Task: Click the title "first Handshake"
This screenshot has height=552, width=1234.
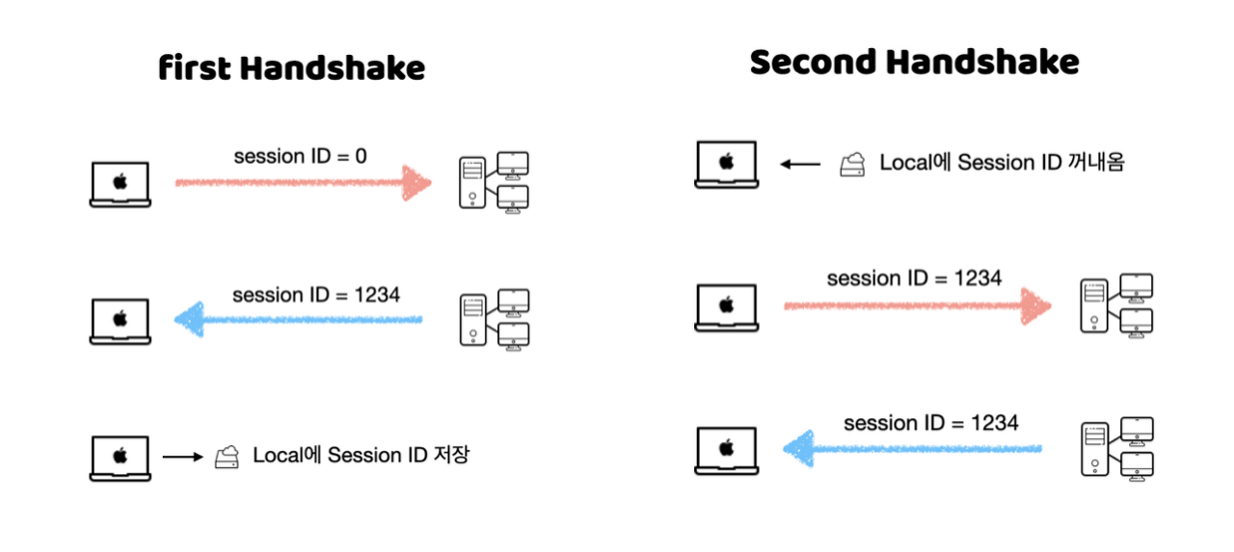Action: [x=291, y=68]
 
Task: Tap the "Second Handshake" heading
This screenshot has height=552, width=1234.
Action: [x=914, y=63]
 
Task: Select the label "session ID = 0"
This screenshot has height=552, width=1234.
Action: [x=300, y=155]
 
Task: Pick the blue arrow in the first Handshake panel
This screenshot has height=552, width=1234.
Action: [x=299, y=319]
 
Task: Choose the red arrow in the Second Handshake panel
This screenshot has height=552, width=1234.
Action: [x=916, y=305]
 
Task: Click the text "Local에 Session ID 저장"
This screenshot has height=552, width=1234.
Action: [x=361, y=455]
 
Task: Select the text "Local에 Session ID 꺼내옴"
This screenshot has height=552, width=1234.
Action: [x=1003, y=162]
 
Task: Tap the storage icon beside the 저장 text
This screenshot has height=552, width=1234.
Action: [x=227, y=456]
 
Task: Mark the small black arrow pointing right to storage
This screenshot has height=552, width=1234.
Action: [x=181, y=457]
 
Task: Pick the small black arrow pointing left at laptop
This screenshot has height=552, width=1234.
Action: [x=800, y=164]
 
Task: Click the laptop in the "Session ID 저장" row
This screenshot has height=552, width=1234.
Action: [x=120, y=458]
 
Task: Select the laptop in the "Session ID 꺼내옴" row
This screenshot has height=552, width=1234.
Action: [x=726, y=164]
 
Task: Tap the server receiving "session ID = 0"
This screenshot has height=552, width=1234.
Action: [x=494, y=181]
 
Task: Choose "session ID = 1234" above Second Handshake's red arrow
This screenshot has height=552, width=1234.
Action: [x=914, y=278]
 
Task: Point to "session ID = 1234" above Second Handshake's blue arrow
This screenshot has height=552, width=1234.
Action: [x=930, y=422]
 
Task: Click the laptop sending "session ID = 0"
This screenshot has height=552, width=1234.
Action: [x=120, y=184]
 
